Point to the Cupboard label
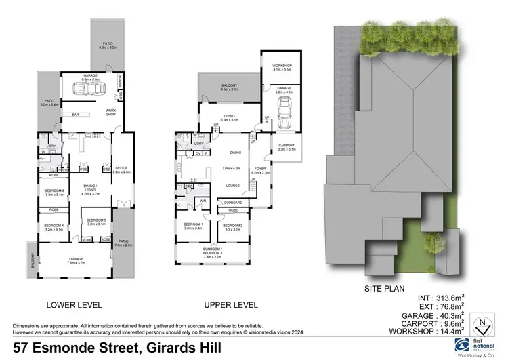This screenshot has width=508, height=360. (234, 203)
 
